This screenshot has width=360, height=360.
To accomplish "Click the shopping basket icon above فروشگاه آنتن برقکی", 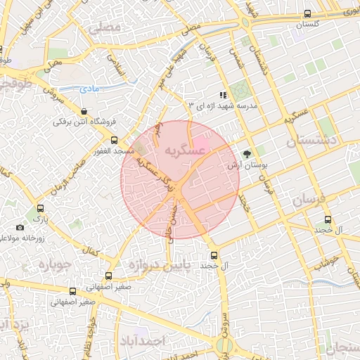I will tap(84, 111).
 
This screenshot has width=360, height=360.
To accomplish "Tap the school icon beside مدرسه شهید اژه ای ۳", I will tap(223, 95).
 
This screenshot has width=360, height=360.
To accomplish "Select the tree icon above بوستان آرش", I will tap(247, 154).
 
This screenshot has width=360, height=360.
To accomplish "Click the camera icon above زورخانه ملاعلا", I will tap(20, 227).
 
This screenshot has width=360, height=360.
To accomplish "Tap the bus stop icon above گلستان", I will tap(307, 13).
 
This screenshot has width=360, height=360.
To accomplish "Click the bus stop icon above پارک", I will tap(40, 209).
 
